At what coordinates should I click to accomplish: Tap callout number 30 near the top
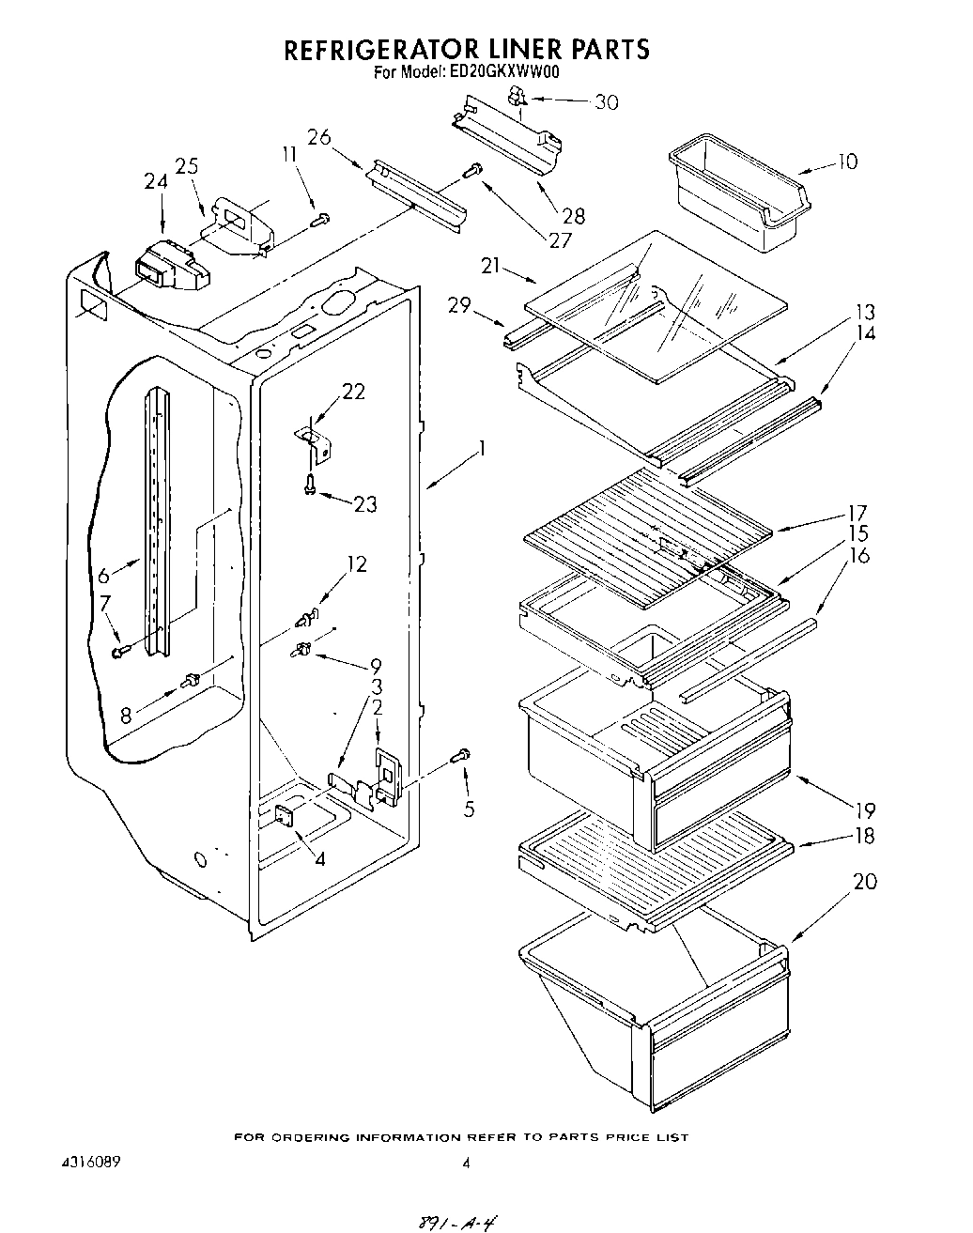[607, 102]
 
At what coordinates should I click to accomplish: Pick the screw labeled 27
[474, 171]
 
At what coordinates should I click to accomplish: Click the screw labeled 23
[310, 484]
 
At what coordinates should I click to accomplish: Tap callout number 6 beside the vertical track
[103, 573]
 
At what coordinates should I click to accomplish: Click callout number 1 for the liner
[481, 450]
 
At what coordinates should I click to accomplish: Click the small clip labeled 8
[192, 677]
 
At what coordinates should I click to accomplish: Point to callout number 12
[357, 564]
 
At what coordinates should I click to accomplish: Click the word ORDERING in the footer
[314, 1137]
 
